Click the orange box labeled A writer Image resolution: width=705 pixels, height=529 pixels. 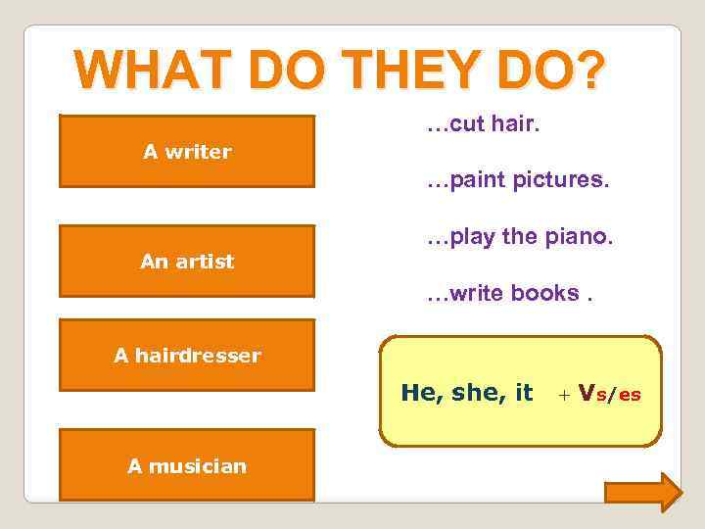pos(187,152)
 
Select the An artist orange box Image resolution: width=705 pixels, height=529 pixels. pos(187,262)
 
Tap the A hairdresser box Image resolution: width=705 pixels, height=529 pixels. pos(187,356)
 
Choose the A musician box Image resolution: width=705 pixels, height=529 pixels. pos(187,465)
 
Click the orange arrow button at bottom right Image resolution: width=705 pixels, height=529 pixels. pos(642,492)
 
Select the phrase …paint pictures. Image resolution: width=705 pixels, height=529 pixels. pos(517,181)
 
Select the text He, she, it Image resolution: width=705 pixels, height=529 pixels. pos(467,393)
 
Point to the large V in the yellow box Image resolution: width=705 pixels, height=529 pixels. pos(587,393)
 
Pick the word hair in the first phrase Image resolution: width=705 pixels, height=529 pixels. pos(520,126)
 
